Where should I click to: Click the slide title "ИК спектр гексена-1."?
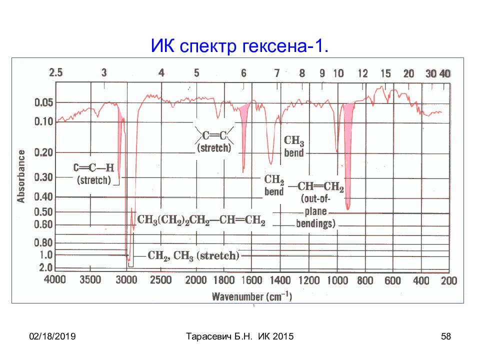(239, 46)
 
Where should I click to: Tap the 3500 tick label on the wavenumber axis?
(90, 280)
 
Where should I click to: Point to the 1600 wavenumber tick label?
(252, 280)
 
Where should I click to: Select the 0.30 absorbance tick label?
(44, 177)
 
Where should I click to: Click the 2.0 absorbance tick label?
(46, 267)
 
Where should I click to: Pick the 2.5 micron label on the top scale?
(55, 72)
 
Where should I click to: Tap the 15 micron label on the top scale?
(385, 73)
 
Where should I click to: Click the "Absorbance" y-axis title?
(21, 176)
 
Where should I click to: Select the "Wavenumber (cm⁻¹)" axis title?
(252, 296)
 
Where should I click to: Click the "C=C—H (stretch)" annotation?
(93, 174)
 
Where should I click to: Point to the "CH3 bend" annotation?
(294, 146)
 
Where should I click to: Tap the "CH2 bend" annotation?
(274, 185)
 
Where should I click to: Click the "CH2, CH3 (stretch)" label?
(193, 255)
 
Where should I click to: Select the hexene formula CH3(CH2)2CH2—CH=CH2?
(201, 220)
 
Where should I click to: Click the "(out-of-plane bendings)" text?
(315, 211)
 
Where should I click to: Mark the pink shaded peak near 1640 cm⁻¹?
(244, 128)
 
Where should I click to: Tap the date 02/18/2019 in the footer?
(52, 336)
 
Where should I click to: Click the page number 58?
(446, 336)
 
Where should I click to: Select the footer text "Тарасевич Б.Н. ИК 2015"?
(239, 336)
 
